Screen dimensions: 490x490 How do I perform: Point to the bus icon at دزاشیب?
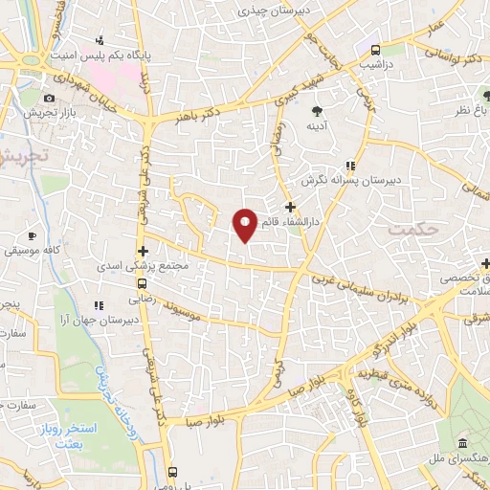click(x=374, y=51)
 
